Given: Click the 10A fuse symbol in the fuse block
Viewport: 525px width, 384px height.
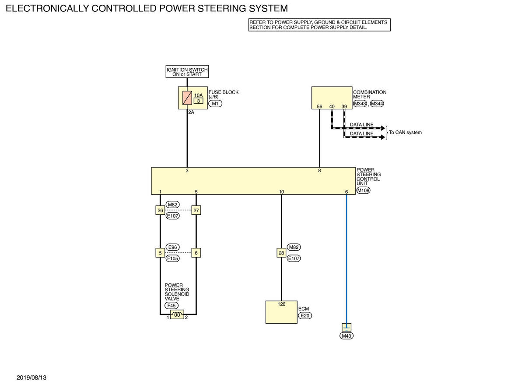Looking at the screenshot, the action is (x=187, y=98).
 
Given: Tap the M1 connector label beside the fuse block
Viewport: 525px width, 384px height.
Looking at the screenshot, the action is (x=215, y=104).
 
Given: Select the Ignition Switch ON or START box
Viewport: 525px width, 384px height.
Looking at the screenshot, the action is (x=187, y=72).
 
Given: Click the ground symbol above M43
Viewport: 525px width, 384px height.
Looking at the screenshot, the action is (x=346, y=327).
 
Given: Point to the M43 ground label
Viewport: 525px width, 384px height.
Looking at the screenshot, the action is (x=346, y=336).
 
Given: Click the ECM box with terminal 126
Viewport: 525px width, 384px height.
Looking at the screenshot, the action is (x=281, y=312).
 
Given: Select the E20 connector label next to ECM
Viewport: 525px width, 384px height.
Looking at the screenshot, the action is (x=305, y=316).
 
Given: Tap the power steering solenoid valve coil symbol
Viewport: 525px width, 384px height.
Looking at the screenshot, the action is (x=177, y=314).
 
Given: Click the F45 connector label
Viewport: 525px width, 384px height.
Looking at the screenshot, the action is (x=171, y=306).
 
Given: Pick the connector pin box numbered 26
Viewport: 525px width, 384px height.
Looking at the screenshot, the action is (x=160, y=210).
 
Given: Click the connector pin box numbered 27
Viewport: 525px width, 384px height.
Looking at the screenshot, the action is (x=196, y=210).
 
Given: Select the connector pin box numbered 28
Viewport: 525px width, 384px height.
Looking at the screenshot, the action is (x=281, y=253).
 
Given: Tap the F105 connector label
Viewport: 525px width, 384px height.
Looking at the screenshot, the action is (x=172, y=258).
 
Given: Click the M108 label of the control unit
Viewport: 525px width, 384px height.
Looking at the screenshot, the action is (x=363, y=191).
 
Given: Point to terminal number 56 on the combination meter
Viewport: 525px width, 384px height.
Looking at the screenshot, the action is (x=319, y=107).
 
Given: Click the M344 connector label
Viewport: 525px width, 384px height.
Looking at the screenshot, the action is (x=377, y=104).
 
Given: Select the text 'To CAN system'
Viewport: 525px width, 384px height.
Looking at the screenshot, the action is (x=405, y=133).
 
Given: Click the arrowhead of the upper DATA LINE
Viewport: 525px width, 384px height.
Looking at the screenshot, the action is (x=383, y=128).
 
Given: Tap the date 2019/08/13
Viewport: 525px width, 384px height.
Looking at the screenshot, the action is (x=31, y=377).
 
